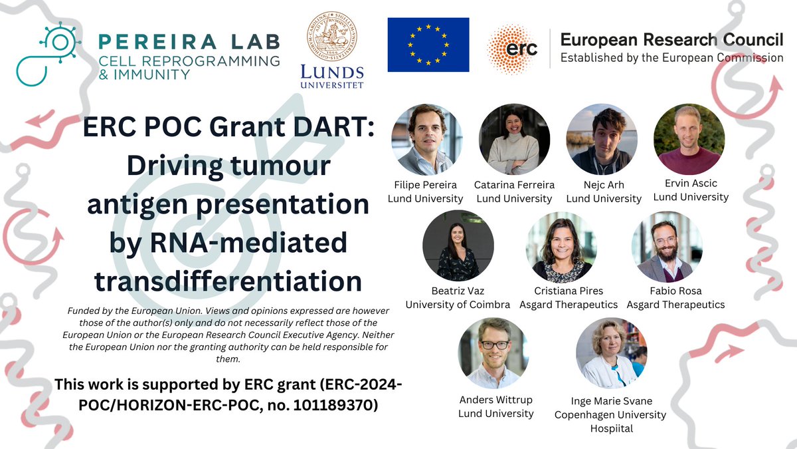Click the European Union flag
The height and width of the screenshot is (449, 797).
point(428,45)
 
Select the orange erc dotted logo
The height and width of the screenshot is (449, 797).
point(512,48)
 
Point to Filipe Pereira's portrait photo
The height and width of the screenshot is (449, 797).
point(426,139)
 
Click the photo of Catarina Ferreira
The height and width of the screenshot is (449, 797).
point(514,139)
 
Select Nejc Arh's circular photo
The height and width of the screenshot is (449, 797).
point(602,139)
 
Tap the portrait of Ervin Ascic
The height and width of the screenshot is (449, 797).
point(689,139)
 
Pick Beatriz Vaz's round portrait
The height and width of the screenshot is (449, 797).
point(458,245)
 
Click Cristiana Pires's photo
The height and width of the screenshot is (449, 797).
point(561,245)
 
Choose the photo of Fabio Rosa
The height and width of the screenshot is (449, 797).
point(666,245)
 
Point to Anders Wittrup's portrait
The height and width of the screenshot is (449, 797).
point(493,353)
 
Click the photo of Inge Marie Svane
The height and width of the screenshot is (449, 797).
point(611,353)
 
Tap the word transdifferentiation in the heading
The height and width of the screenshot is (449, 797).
point(228,281)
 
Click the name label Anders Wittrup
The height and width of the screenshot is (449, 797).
point(495,400)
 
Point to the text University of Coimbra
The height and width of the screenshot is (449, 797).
point(458,305)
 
